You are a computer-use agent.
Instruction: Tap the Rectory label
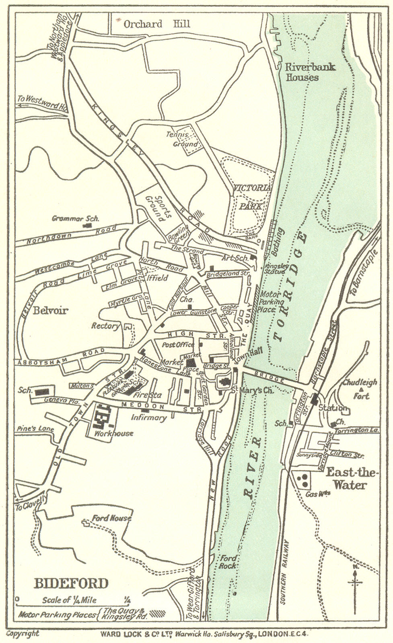click(x=105, y=326)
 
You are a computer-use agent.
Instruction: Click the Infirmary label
click(x=149, y=418)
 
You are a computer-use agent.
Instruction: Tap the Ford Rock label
click(x=228, y=562)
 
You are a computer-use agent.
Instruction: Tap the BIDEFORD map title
click(x=71, y=583)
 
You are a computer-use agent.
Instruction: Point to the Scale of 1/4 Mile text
click(x=69, y=600)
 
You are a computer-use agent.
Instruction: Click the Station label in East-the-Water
click(x=332, y=408)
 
